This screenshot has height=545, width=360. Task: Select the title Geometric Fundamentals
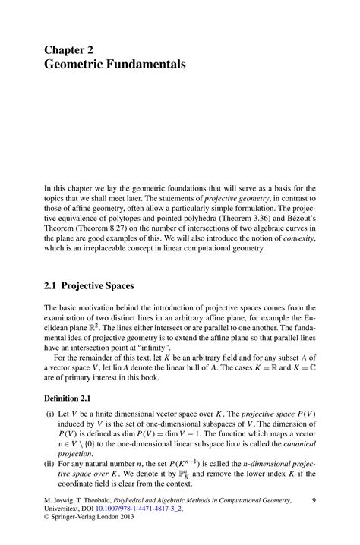(114, 65)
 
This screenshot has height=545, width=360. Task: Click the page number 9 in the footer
(314, 501)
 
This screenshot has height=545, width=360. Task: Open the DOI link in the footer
(139, 511)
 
